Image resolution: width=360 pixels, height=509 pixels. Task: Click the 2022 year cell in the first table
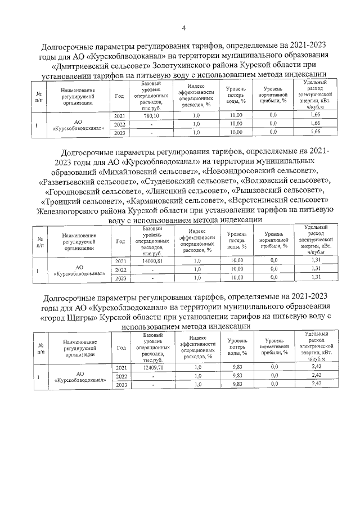point(119,124)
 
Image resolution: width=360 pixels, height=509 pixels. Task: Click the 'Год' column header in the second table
point(119,241)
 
